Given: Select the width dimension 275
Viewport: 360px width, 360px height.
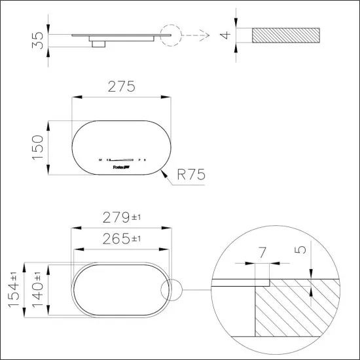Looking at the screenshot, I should tap(121, 87).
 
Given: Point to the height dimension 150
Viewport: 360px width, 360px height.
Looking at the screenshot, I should tap(39, 148).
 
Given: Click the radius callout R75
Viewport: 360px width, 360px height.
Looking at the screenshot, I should tap(191, 175).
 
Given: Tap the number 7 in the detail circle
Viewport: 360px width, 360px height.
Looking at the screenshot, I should tap(262, 252).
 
